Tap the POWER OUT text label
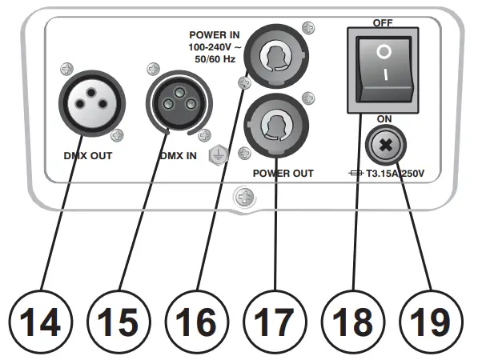[x=282, y=173]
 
